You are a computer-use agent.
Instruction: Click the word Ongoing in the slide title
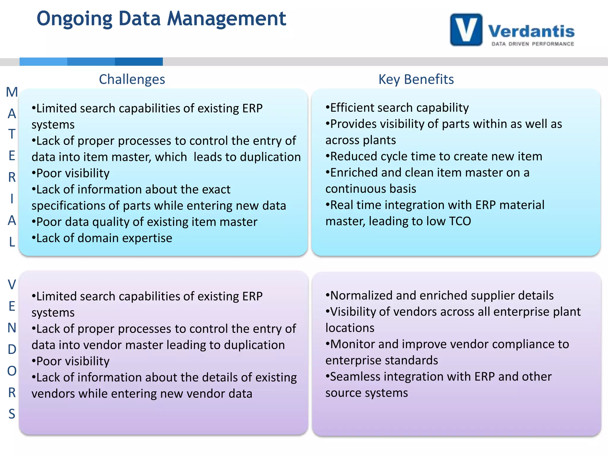click(x=75, y=19)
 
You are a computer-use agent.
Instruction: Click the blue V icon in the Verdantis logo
click(x=466, y=30)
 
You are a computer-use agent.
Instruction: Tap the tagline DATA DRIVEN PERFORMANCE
click(x=533, y=44)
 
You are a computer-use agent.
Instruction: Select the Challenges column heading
click(x=132, y=79)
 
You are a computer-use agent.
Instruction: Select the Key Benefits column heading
click(x=416, y=79)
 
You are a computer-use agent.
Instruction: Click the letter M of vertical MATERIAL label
click(x=12, y=92)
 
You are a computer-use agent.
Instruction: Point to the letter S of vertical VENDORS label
click(x=12, y=414)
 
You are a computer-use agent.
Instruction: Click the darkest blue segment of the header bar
click(x=139, y=61)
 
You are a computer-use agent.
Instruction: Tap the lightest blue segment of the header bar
click(x=43, y=61)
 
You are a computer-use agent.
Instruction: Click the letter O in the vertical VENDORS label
click(x=12, y=370)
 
